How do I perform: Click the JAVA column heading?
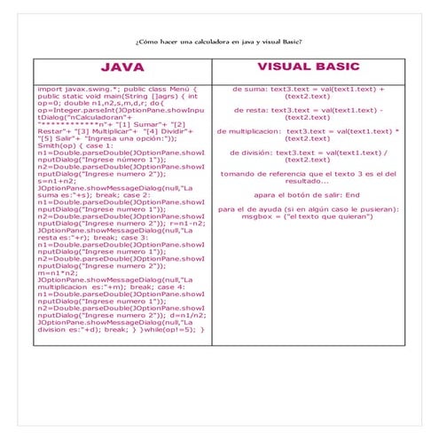pos(122,67)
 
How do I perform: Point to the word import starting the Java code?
pos(50,90)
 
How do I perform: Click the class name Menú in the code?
pos(176,90)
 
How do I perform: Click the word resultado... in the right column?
pos(307,180)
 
